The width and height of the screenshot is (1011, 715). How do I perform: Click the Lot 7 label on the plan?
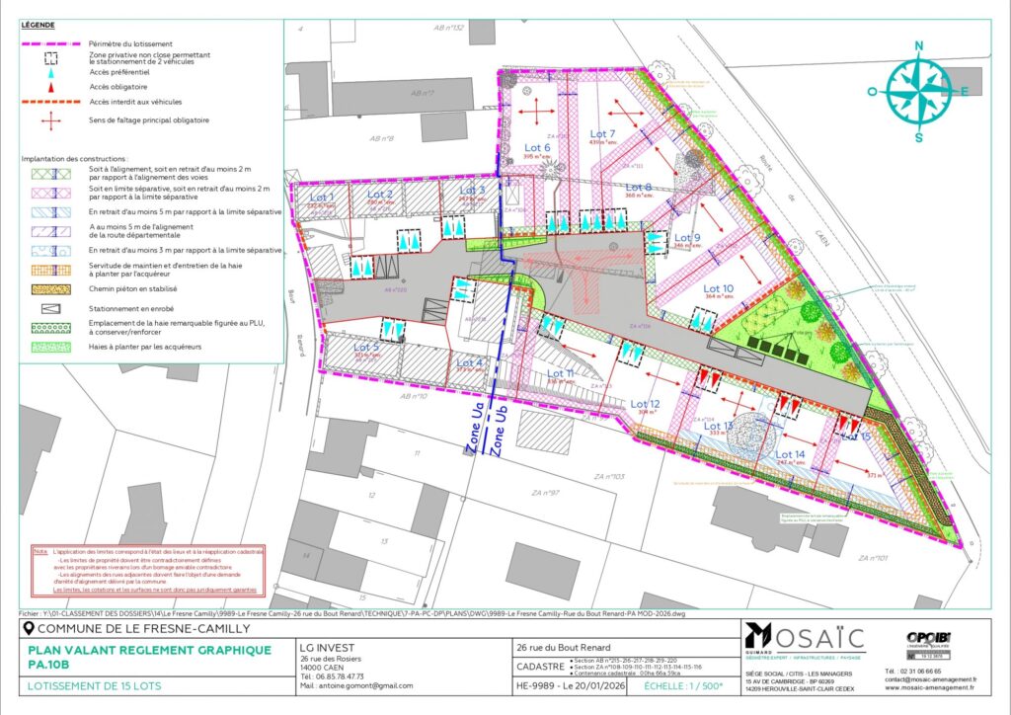click(602, 133)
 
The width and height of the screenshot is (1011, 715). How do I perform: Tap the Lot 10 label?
click(719, 286)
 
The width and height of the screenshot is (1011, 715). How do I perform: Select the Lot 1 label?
click(324, 198)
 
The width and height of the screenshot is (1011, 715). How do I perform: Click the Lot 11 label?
click(560, 373)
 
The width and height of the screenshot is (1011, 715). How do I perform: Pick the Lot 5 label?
click(366, 347)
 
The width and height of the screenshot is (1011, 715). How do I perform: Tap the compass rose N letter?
click(918, 45)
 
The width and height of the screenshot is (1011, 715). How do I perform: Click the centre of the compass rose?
click(918, 91)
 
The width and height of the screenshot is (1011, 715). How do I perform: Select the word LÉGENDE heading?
click(37, 25)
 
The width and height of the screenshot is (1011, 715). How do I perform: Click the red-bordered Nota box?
click(147, 571)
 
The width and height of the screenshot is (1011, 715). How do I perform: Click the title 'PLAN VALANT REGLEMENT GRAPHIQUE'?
click(148, 649)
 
